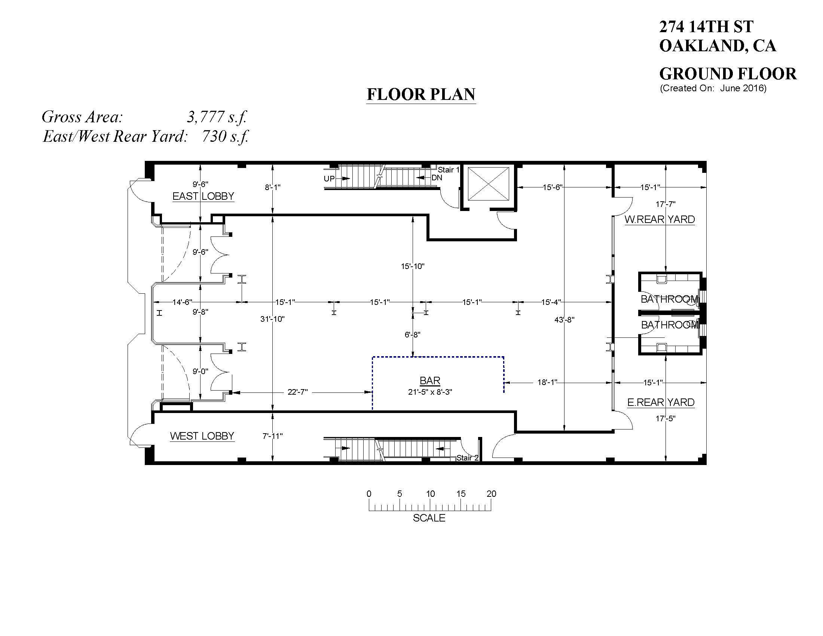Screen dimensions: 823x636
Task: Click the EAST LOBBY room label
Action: point(203,196)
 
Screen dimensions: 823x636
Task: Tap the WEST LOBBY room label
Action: point(202,436)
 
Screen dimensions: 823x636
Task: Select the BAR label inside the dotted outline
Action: point(430,380)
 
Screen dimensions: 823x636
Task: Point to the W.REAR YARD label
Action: point(660,219)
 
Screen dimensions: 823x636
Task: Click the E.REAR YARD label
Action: point(661,403)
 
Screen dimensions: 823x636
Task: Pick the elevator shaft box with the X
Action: point(488,184)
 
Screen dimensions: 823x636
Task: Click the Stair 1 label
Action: point(449,170)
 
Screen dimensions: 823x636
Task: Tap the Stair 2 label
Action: point(467,458)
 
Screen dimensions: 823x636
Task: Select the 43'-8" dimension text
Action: point(564,320)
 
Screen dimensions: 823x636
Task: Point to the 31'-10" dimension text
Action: point(272,319)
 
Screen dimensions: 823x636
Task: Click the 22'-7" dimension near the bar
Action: point(298,392)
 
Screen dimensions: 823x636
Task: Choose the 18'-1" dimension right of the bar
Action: point(547,383)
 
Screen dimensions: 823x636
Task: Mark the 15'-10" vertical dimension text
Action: point(413,266)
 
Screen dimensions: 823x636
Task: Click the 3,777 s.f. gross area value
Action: point(217,117)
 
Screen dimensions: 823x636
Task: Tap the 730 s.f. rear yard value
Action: point(225,137)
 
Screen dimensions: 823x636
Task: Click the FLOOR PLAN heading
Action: point(421,94)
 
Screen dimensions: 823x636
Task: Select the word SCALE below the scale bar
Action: point(429,518)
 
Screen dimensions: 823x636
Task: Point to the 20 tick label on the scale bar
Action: point(492,493)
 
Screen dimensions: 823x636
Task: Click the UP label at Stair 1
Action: point(329,178)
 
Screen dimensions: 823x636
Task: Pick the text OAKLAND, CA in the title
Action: point(718,46)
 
